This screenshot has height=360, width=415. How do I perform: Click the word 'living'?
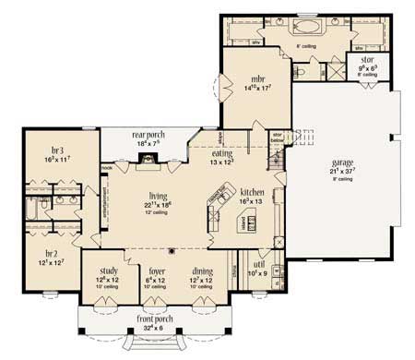click(x=157, y=196)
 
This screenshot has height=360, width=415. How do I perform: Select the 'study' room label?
click(x=106, y=270)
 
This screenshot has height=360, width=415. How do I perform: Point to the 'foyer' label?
click(x=156, y=270)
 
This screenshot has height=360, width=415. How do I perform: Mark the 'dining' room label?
click(x=203, y=270)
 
